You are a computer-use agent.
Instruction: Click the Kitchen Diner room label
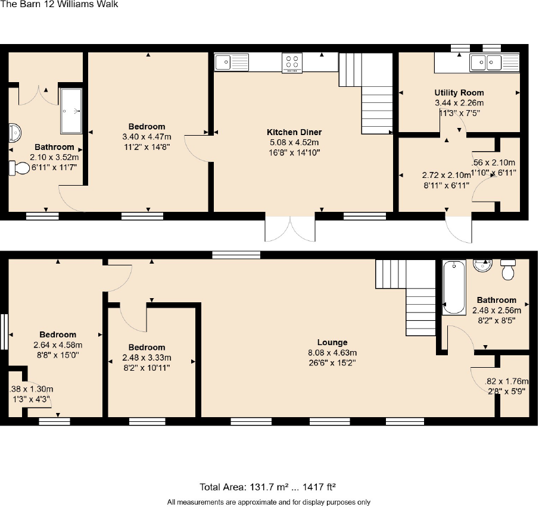tap(294, 132)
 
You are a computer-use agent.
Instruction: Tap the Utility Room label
tap(459, 93)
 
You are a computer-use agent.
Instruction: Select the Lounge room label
tap(332, 342)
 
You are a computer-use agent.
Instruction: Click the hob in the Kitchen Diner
tap(292, 62)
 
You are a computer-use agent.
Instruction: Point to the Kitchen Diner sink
tap(232, 61)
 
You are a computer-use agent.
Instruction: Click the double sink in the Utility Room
tap(486, 62)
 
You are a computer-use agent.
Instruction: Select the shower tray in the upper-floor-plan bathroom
tap(71, 111)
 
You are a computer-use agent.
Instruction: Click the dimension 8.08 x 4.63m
tap(332, 352)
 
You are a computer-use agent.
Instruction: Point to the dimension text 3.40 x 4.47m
tap(147, 136)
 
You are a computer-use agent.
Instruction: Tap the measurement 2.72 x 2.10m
tap(445, 176)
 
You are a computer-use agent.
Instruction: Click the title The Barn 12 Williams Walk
tap(59, 5)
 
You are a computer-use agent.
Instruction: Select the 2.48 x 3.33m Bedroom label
tap(147, 348)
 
